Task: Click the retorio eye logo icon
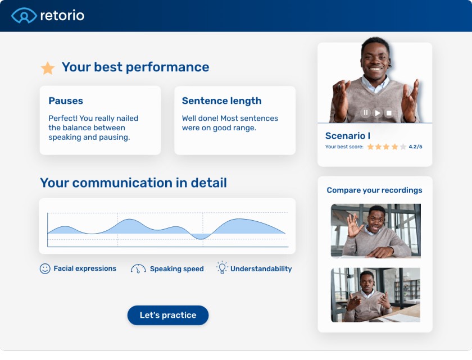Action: click(x=24, y=15)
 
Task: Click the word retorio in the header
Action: click(x=62, y=15)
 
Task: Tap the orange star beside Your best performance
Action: click(x=48, y=69)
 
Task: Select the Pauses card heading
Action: click(x=66, y=101)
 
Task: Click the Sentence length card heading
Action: click(x=221, y=101)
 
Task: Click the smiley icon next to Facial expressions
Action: click(x=45, y=268)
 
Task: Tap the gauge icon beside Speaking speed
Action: click(x=138, y=268)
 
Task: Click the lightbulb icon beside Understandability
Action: click(x=222, y=268)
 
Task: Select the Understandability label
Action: click(x=261, y=269)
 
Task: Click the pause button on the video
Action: click(x=366, y=113)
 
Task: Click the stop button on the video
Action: click(x=389, y=113)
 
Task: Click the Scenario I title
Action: click(x=347, y=136)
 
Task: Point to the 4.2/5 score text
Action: click(x=415, y=147)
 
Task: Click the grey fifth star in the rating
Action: click(x=403, y=147)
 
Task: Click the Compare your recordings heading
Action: click(x=374, y=190)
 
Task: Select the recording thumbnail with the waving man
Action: click(x=375, y=231)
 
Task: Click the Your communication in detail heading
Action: click(x=133, y=183)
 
